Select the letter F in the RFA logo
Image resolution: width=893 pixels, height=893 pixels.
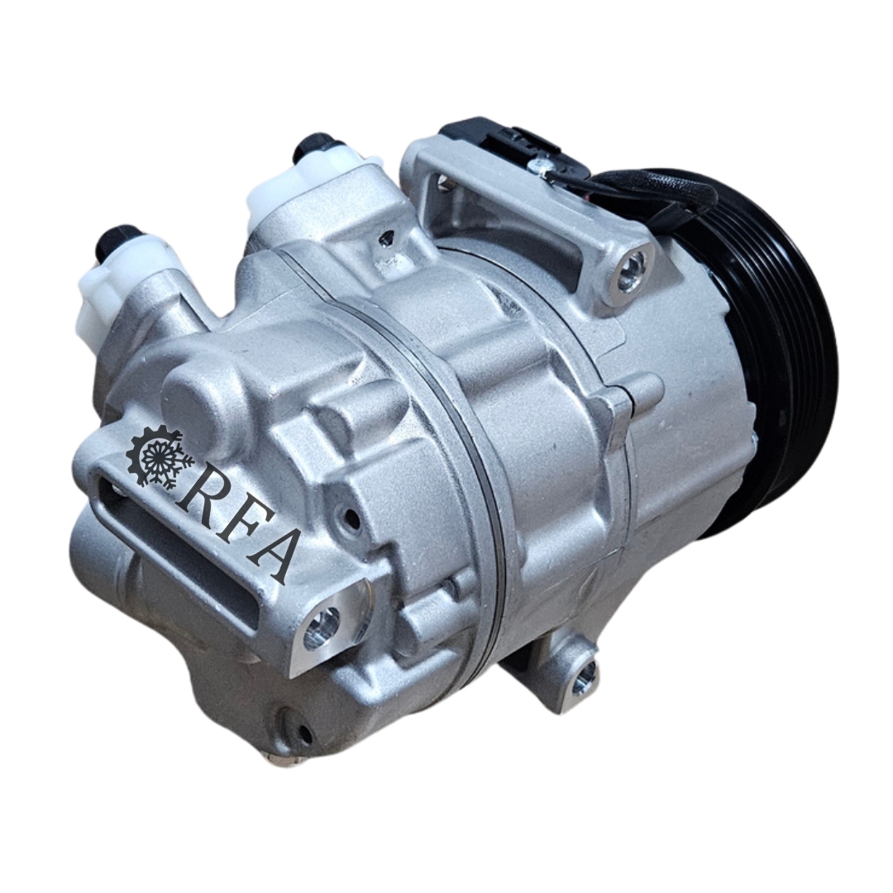pyautogui.click(x=232, y=524)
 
